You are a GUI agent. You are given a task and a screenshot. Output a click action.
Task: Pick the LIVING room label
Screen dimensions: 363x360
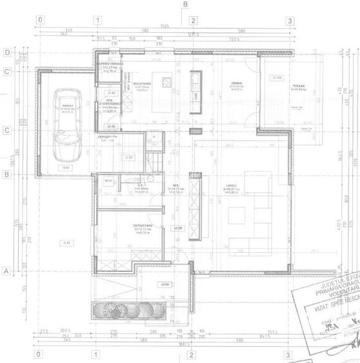tap(231, 186)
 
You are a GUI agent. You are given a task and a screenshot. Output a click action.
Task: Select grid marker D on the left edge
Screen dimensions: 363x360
tap(7, 52)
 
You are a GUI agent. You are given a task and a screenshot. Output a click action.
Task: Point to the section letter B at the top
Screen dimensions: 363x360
tap(185, 5)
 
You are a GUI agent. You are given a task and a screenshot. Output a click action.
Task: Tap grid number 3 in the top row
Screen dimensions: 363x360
tap(290, 21)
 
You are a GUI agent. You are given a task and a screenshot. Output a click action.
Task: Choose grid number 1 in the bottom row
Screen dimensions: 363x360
tap(95, 354)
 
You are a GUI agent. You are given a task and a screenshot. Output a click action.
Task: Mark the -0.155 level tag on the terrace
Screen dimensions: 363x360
tap(276, 77)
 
